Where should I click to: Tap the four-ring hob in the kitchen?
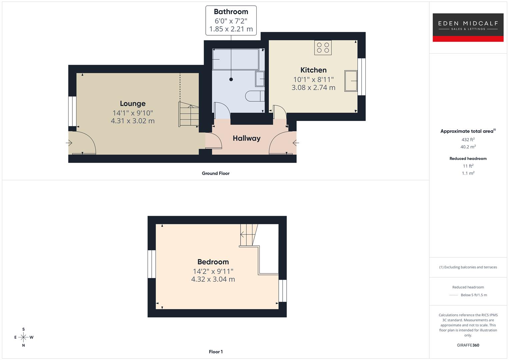[323, 47]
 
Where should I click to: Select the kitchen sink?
[351, 80]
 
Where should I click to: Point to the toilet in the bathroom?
[255, 96]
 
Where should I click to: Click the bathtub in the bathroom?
[236, 59]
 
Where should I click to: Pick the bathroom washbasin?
[260, 79]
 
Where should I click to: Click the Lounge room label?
[133, 104]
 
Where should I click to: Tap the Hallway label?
[246, 138]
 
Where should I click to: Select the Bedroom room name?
[213, 262]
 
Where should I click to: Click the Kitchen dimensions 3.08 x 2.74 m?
[313, 88]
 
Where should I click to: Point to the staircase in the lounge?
[189, 114]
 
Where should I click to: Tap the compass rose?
[23, 337]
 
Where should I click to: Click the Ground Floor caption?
[216, 173]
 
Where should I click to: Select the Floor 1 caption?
[216, 352]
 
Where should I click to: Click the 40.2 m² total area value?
[468, 147]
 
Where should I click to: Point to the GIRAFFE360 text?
[468, 345]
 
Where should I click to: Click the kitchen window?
[362, 77]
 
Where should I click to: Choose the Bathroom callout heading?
[231, 12]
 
